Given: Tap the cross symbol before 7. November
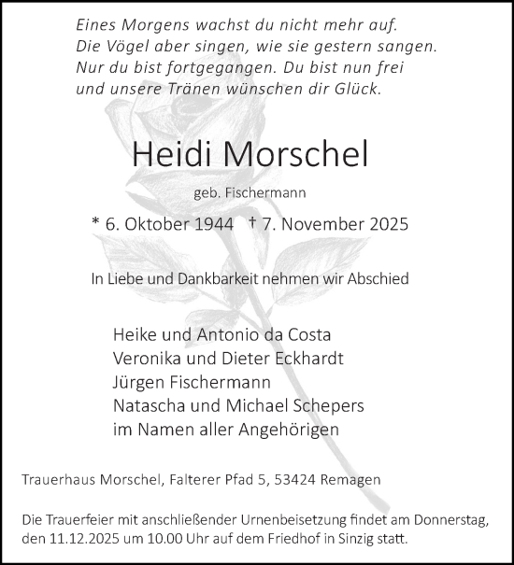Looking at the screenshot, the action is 253,223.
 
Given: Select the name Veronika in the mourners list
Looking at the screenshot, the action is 147,358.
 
